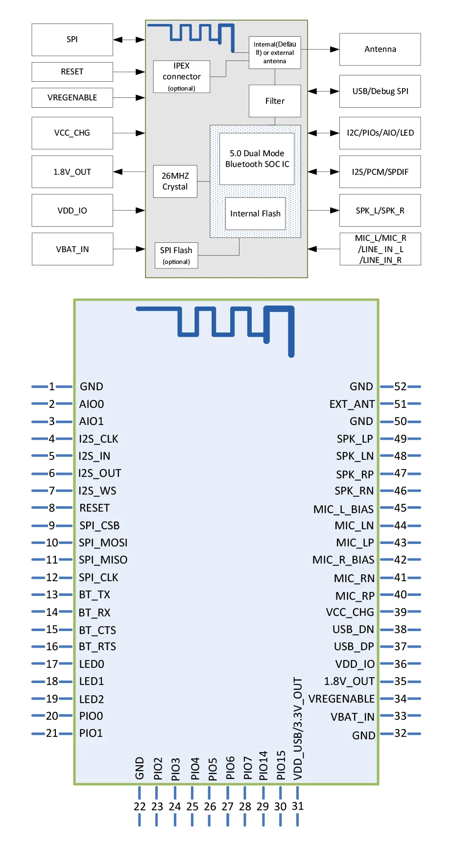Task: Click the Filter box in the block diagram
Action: tap(275, 101)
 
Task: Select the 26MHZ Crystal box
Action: tap(175, 181)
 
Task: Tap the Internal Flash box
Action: tap(255, 213)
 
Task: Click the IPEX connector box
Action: tap(181, 77)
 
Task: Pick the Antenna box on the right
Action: tap(380, 49)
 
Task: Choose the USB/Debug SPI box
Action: tap(380, 91)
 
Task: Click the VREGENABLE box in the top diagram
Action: tap(72, 97)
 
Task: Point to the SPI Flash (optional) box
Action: tap(176, 256)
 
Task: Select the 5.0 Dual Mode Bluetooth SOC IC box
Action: tap(257, 159)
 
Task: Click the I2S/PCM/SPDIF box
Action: tap(380, 172)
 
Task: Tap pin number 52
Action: tap(400, 387)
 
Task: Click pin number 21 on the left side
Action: tap(52, 733)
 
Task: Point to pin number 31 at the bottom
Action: tap(298, 806)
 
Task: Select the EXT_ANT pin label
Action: tap(352, 404)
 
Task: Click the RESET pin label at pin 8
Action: tap(95, 508)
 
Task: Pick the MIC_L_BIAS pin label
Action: tap(343, 509)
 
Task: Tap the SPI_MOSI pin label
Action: tap(103, 543)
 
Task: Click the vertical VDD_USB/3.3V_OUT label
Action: tap(298, 729)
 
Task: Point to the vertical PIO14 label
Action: tap(263, 766)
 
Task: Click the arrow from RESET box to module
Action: tap(129, 72)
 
